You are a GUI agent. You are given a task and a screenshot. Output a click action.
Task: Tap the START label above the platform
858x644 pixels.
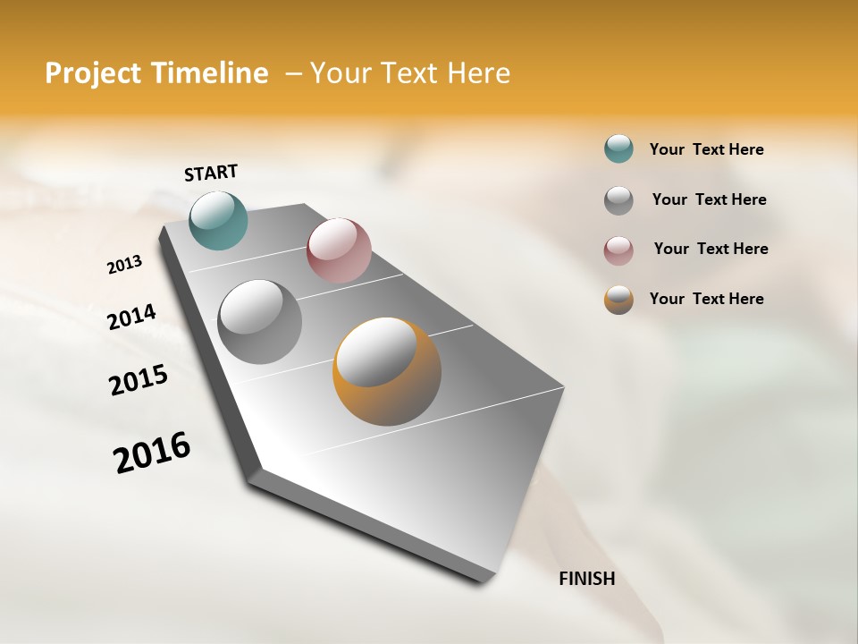pyautogui.click(x=211, y=173)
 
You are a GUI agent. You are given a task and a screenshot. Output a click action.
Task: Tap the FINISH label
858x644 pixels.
pyautogui.click(x=586, y=579)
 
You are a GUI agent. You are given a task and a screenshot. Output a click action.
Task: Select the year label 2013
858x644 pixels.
pyautogui.click(x=124, y=265)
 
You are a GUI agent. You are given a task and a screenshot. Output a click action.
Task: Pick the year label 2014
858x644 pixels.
pyautogui.click(x=131, y=317)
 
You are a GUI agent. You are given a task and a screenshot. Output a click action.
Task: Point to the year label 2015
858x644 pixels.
pyautogui.click(x=139, y=380)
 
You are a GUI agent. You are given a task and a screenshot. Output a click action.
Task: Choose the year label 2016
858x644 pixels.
pyautogui.click(x=152, y=453)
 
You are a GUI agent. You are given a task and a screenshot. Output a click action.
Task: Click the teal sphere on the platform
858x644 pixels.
pyautogui.click(x=218, y=220)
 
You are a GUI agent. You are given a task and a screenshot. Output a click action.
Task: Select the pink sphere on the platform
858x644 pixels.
pyautogui.click(x=339, y=250)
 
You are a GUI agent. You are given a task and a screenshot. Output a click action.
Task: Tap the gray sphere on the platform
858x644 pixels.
pyautogui.click(x=260, y=322)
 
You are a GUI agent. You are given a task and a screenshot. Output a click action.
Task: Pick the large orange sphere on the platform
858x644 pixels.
pyautogui.click(x=387, y=371)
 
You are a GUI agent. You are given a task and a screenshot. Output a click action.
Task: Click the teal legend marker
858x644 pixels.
pyautogui.click(x=618, y=148)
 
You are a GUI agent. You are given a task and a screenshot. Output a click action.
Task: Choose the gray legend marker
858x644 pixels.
pyautogui.click(x=618, y=200)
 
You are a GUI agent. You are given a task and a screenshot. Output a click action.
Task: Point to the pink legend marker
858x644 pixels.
pyautogui.click(x=618, y=250)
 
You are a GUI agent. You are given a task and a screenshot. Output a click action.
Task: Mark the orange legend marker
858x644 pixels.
pyautogui.click(x=618, y=300)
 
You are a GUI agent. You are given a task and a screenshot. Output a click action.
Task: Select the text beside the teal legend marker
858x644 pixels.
pyautogui.click(x=706, y=149)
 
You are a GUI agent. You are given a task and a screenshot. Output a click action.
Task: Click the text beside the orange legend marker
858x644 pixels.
pyautogui.click(x=706, y=299)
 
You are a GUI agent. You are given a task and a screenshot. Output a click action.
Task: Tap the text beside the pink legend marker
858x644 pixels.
pyautogui.click(x=711, y=249)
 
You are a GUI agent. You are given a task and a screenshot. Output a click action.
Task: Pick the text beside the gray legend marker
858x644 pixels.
pyautogui.click(x=709, y=199)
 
